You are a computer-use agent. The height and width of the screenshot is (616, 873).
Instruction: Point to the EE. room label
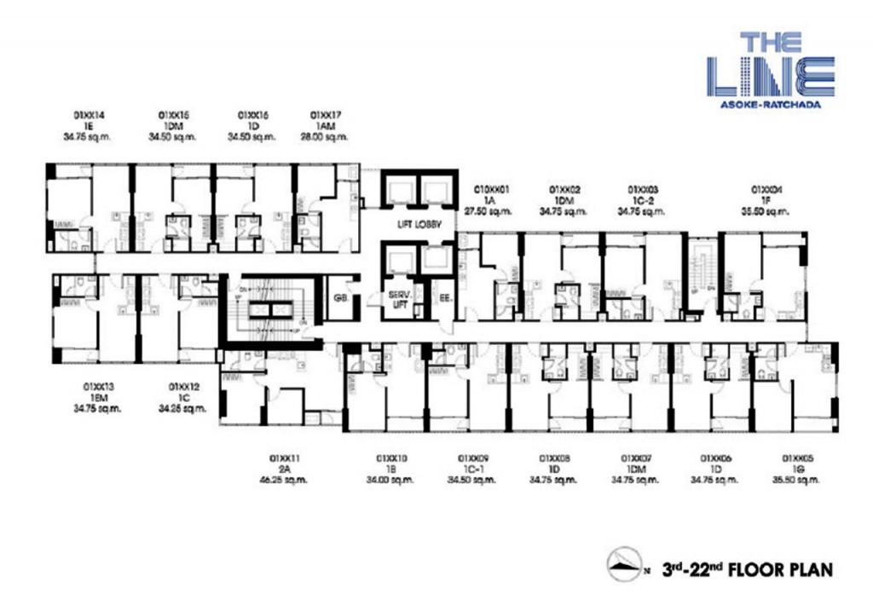443,298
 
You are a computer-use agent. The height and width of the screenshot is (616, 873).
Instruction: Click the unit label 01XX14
88,114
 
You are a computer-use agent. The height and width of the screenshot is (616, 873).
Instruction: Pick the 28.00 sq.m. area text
327,136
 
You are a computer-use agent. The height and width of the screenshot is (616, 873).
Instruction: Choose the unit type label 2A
286,469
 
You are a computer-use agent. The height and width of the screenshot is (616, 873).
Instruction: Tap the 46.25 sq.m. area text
286,480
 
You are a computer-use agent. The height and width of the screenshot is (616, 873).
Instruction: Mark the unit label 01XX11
286,458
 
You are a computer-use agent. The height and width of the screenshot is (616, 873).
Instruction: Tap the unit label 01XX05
798,458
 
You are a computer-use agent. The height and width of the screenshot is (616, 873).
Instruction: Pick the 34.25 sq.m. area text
182,408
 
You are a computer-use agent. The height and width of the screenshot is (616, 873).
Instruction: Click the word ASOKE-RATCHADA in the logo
769,103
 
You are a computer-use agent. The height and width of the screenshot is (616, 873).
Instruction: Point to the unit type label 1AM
327,125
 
